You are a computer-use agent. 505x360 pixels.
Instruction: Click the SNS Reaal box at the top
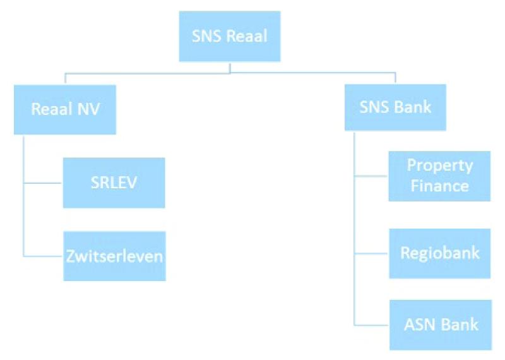pos(230,36)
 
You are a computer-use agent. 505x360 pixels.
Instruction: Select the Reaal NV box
pos(65,110)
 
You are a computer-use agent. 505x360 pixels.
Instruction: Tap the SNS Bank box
pos(395,107)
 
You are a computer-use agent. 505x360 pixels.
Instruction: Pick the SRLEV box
pos(114,183)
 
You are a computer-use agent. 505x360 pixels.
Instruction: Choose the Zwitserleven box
pos(114,256)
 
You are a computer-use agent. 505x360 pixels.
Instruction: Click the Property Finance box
pos(439,176)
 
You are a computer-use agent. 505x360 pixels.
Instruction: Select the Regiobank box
pos(439,253)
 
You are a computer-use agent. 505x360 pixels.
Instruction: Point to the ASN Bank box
pos(441,325)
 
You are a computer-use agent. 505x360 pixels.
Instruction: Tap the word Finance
pos(439,186)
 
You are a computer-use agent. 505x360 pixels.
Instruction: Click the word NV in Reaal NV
pos(88,109)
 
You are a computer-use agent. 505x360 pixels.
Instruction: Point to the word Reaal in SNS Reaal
pos(247,36)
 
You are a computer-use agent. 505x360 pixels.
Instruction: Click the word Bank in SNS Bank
pos(413,107)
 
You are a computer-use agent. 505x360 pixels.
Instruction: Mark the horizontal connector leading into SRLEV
pos(42,183)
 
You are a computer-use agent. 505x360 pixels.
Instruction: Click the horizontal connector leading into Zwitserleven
pos(43,256)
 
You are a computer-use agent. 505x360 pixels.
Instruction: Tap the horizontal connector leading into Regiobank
pos(371,254)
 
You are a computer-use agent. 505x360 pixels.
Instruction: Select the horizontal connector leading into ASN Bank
pos(371,325)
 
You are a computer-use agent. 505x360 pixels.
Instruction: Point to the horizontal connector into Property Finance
pos(371,176)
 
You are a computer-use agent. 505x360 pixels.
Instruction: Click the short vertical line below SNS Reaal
pos(230,68)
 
